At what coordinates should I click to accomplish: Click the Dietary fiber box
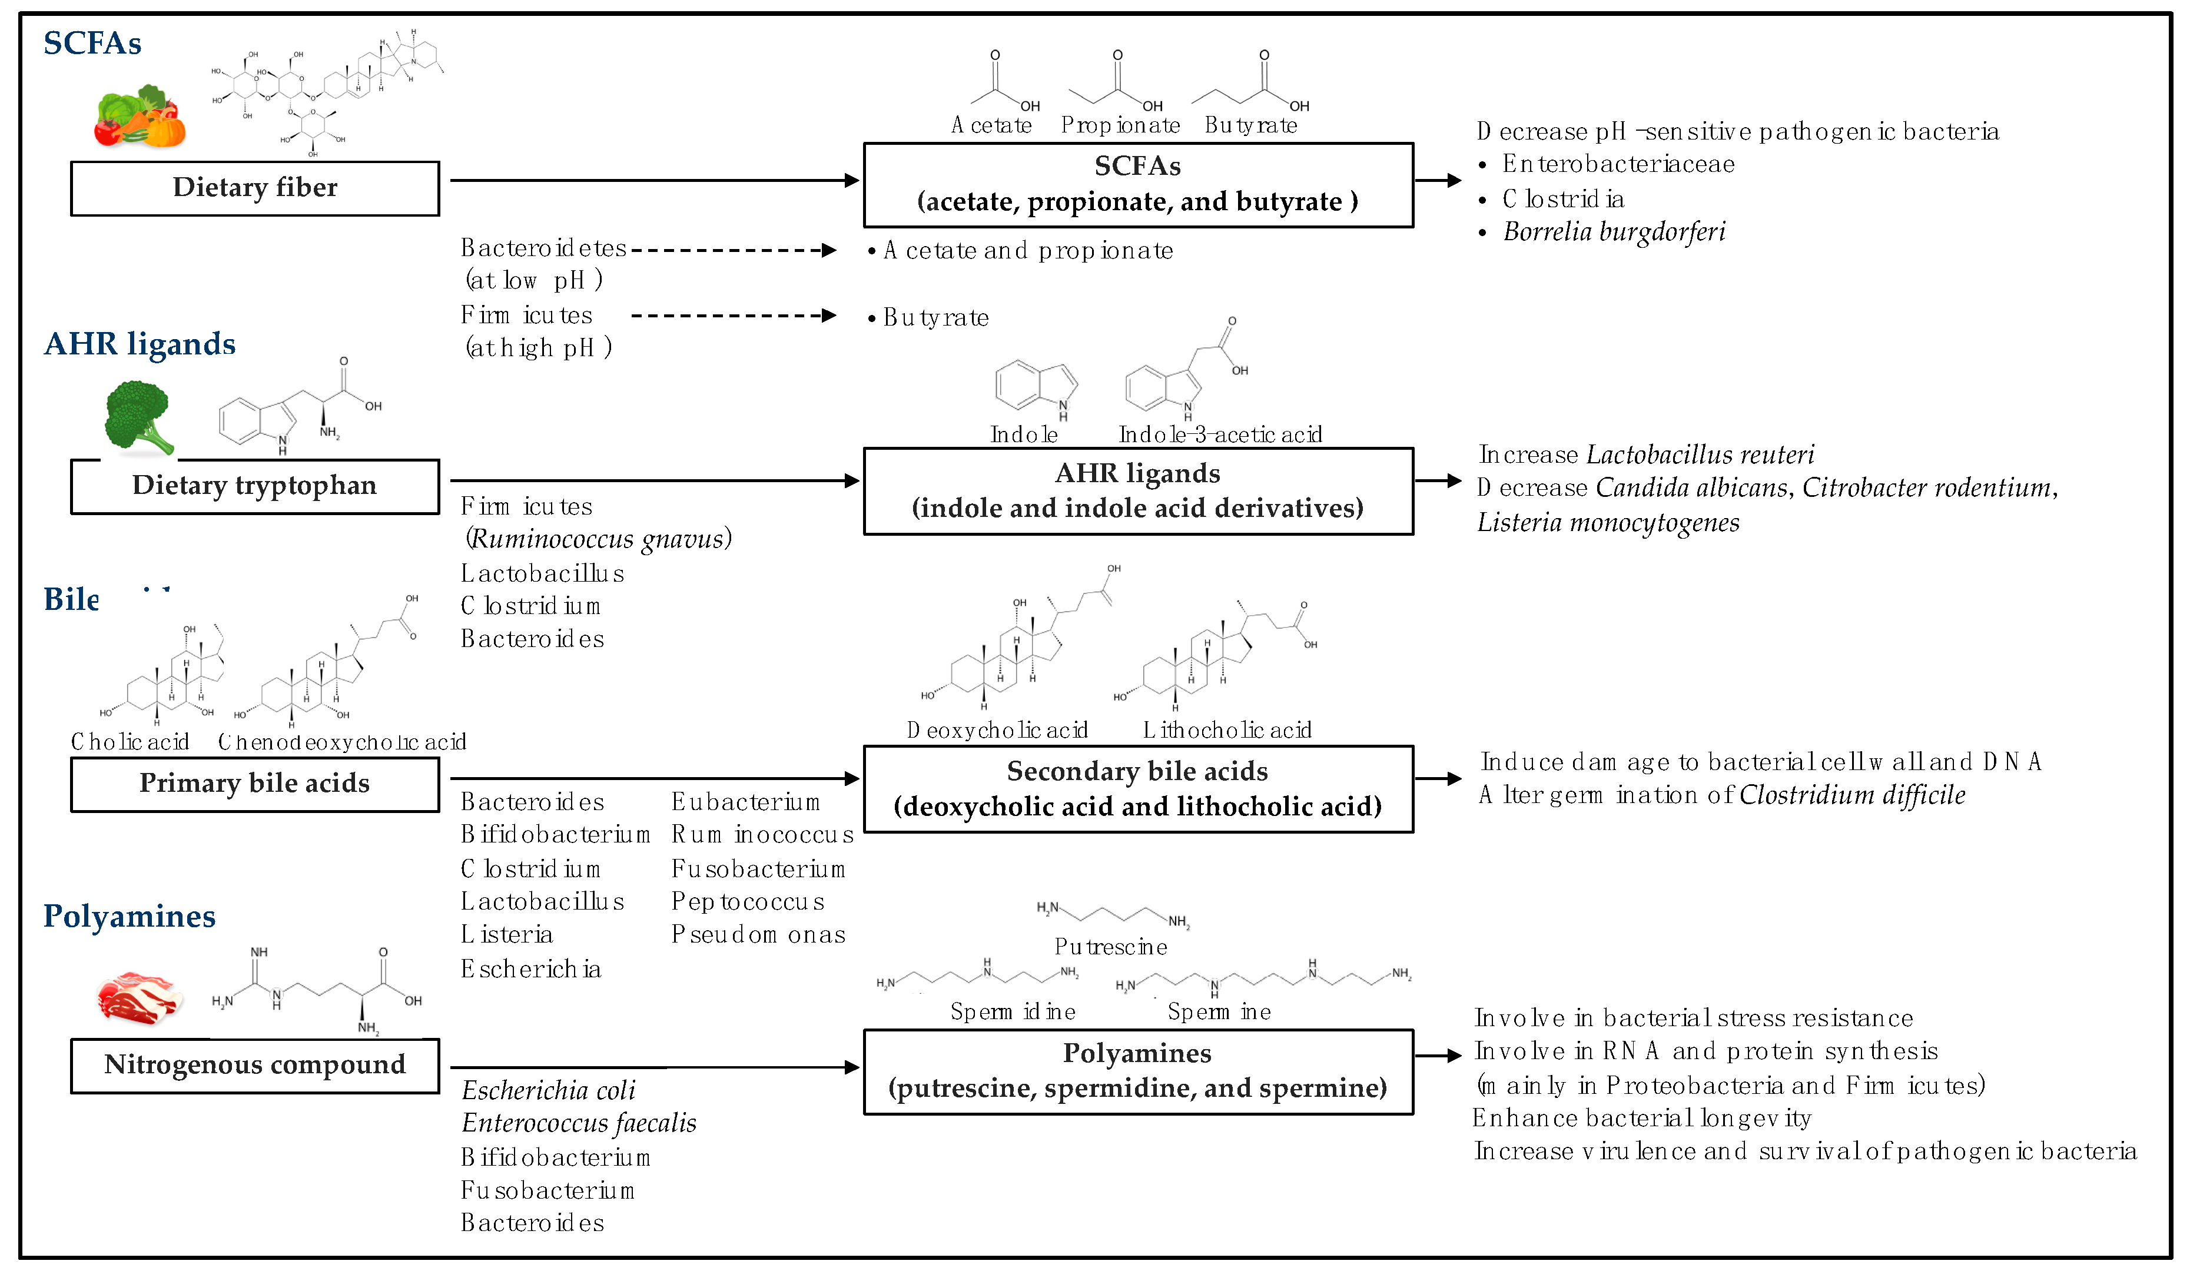point(255,188)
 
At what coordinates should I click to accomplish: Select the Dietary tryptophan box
point(255,486)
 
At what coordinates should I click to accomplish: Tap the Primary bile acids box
point(255,784)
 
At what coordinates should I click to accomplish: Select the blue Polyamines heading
point(130,916)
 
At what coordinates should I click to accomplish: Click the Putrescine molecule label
point(1111,947)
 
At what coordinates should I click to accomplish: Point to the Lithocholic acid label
point(1227,730)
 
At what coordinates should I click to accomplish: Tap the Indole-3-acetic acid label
point(1220,434)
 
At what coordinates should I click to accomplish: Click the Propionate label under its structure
point(1120,126)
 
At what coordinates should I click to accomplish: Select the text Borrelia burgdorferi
point(1614,232)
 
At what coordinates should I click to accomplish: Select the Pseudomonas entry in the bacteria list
point(758,935)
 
